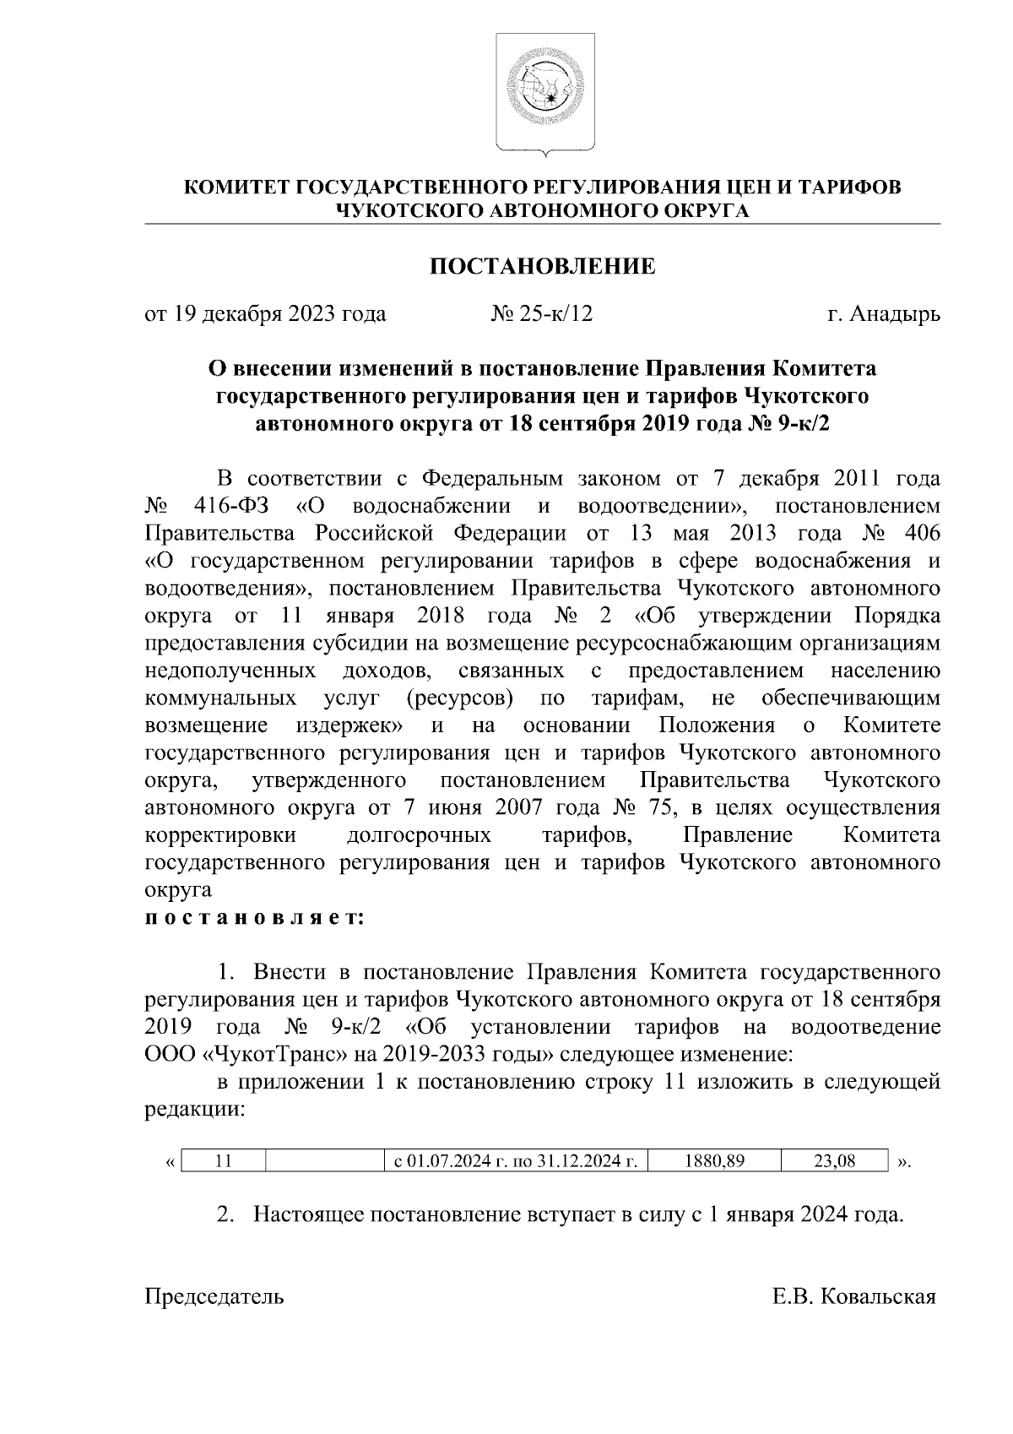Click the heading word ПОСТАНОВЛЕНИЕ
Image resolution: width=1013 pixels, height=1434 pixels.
[542, 268]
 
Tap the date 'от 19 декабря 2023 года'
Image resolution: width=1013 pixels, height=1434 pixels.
[265, 314]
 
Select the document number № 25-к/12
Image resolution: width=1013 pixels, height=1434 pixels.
[542, 314]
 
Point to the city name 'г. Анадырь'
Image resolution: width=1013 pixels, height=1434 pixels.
[883, 314]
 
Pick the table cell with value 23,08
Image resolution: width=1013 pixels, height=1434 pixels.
[834, 1161]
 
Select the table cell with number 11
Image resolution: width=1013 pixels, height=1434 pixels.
[224, 1161]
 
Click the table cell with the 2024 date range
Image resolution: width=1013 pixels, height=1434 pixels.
[516, 1161]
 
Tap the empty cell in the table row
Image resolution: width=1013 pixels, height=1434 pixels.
[324, 1161]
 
